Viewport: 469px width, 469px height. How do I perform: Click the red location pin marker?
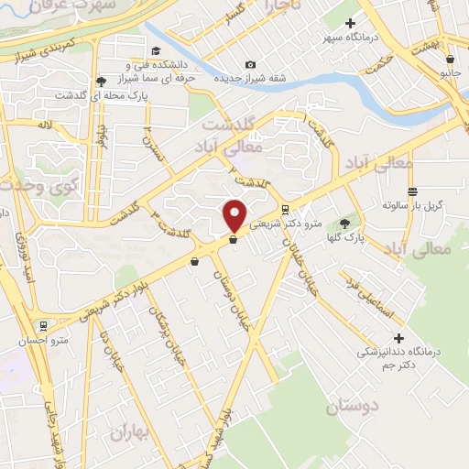click(234, 214)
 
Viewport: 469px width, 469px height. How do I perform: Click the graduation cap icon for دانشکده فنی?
click(157, 50)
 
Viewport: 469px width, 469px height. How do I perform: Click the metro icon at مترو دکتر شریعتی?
click(286, 209)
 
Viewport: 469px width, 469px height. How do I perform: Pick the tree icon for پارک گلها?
click(344, 223)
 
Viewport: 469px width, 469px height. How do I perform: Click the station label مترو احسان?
click(43, 341)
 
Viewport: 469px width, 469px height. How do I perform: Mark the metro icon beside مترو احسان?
click(42, 325)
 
